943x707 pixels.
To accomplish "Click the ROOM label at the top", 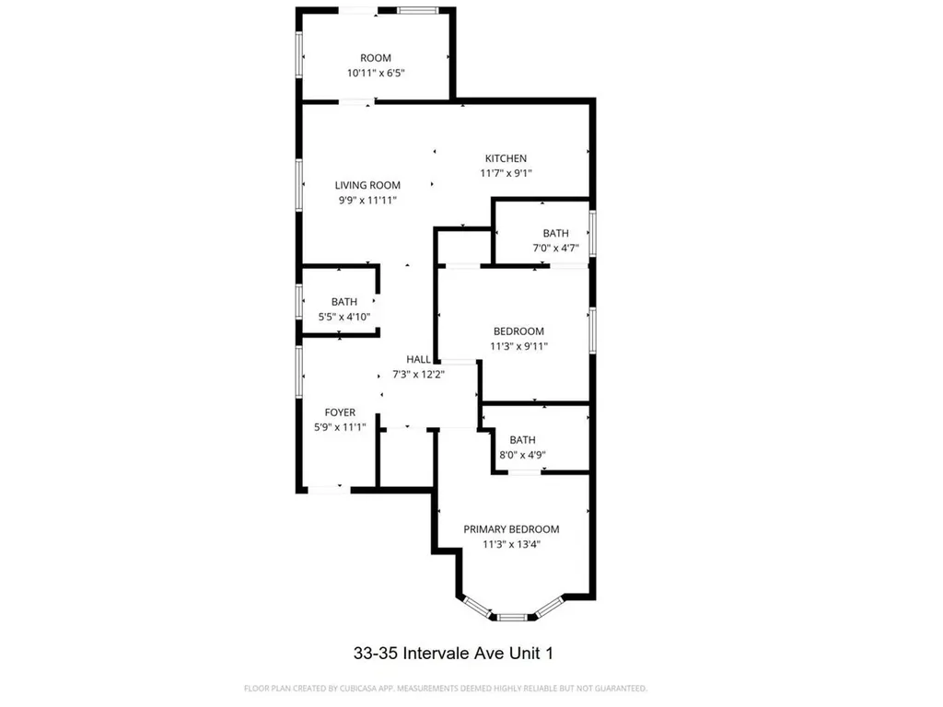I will click(376, 58).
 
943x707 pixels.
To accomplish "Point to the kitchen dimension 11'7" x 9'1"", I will click(506, 173).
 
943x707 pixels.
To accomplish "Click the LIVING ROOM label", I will click(367, 185).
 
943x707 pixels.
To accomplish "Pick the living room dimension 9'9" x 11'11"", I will click(367, 200).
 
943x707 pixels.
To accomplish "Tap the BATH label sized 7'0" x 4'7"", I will click(555, 234).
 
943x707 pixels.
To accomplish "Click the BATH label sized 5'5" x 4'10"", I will click(344, 302).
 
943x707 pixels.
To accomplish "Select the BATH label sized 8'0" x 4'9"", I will click(522, 440).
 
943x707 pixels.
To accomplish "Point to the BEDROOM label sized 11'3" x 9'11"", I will click(518, 331).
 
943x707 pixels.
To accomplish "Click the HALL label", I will click(419, 359).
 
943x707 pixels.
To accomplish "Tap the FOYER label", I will click(340, 412).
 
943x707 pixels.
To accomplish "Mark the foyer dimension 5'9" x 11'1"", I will click(340, 427).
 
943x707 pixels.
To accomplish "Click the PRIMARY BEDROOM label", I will click(511, 529).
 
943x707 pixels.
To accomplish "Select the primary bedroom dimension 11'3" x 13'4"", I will click(511, 544).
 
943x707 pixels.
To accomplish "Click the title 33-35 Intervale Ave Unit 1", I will click(454, 654).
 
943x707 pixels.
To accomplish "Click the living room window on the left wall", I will click(299, 184).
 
